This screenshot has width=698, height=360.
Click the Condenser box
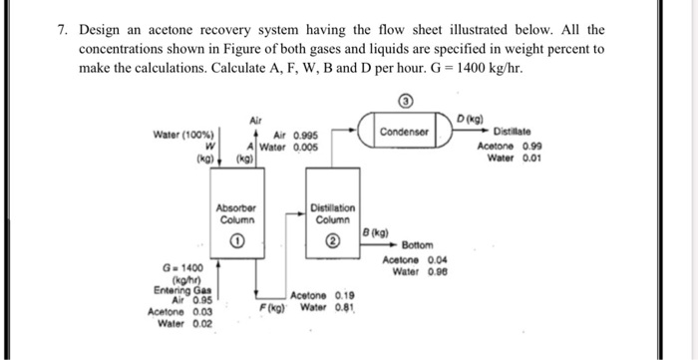(405, 132)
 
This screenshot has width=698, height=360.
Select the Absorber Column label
(237, 214)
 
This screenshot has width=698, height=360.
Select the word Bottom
(417, 245)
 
